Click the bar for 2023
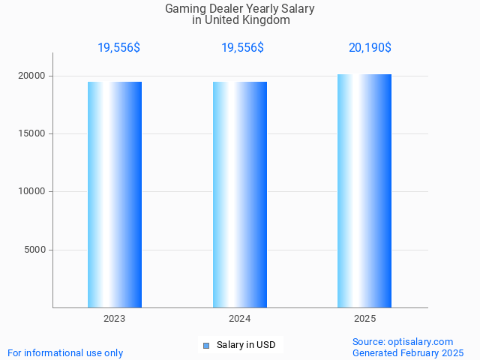click(115, 194)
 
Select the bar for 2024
click(240, 194)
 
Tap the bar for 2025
click(364, 190)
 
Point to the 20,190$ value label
click(370, 48)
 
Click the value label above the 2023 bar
click(118, 48)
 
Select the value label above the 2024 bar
click(242, 48)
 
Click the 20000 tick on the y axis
click(33, 76)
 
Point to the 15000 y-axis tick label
click(33, 133)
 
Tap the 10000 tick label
click(33, 191)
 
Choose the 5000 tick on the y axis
click(35, 250)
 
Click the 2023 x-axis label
click(115, 319)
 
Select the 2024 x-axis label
click(240, 319)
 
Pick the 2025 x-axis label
click(364, 319)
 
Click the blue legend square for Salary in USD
click(206, 346)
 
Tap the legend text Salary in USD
click(246, 345)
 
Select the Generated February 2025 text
click(408, 352)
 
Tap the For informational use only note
click(65, 352)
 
